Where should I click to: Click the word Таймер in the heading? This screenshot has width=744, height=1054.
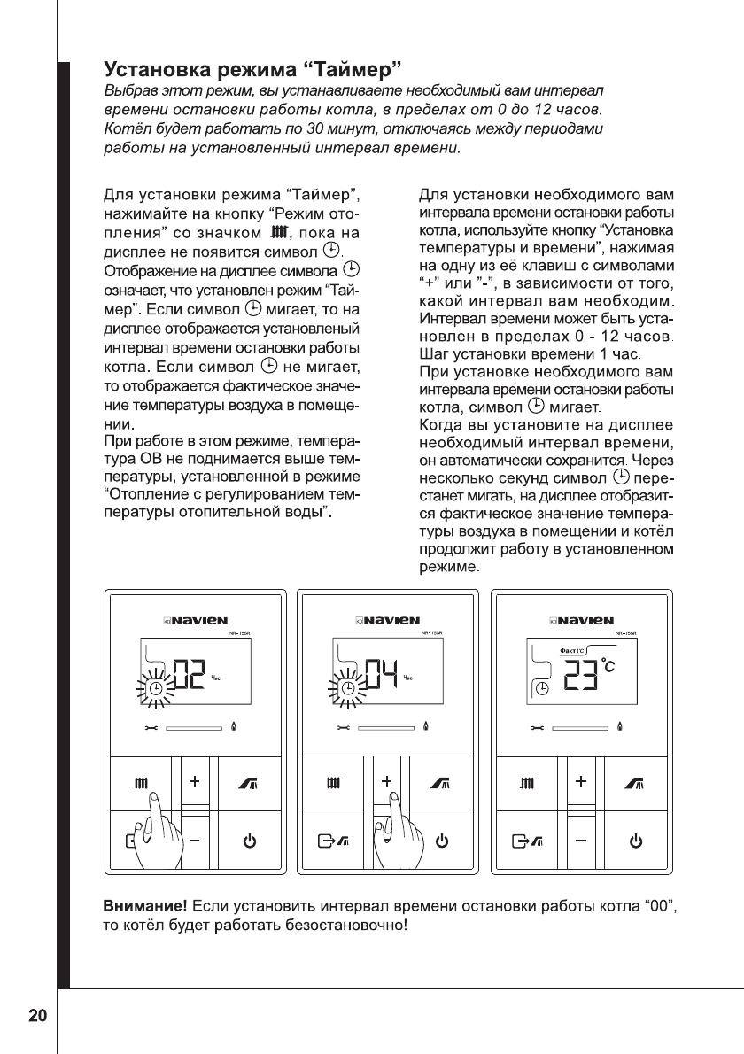click(x=350, y=67)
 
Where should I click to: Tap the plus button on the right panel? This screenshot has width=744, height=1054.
click(x=580, y=782)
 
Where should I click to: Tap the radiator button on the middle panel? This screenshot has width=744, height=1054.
click(x=335, y=783)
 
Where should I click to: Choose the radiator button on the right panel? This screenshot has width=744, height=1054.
click(x=528, y=783)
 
